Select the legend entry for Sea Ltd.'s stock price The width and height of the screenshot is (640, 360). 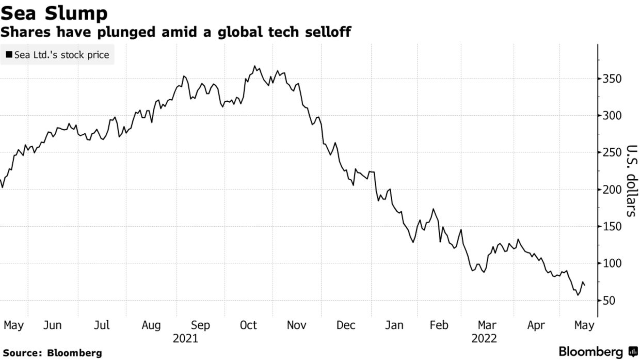(x=57, y=54)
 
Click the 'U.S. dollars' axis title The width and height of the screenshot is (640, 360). (x=631, y=180)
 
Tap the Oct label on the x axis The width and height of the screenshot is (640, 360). (x=248, y=325)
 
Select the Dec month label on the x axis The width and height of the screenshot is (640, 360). (x=346, y=325)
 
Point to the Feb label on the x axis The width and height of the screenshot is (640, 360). (x=439, y=325)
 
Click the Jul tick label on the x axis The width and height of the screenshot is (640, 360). (x=102, y=325)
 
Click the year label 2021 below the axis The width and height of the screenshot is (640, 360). (x=186, y=339)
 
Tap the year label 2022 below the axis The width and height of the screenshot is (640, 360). (x=484, y=339)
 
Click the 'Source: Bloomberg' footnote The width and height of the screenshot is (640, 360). (x=51, y=353)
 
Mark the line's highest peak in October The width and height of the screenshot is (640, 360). (x=254, y=66)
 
